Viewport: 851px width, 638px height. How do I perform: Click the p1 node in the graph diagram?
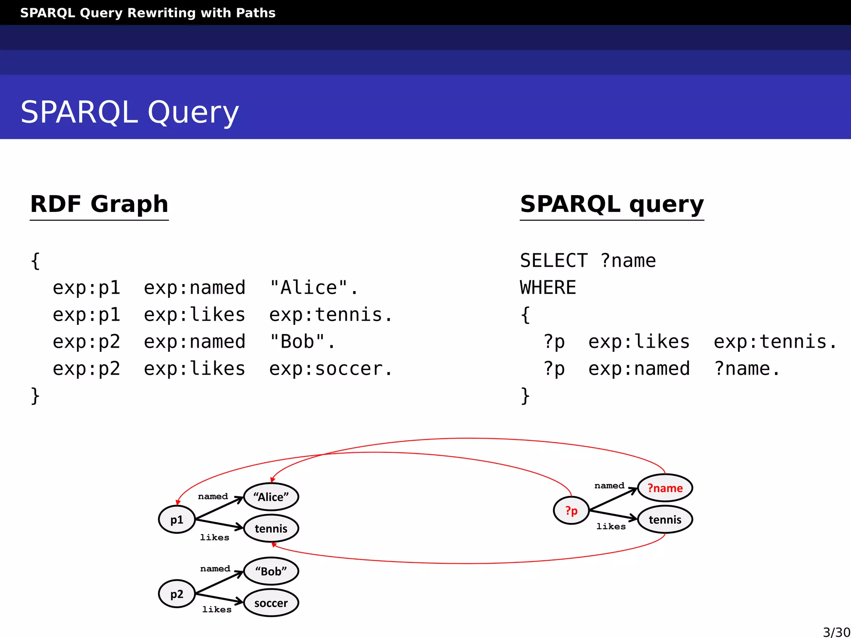pos(177,519)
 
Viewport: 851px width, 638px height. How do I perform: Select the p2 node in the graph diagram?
pos(177,594)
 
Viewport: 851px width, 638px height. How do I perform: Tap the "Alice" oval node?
pos(271,497)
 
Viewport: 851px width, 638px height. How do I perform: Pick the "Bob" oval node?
pos(271,571)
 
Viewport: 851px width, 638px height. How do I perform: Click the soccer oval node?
pos(271,603)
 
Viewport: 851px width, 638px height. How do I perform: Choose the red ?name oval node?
pos(665,488)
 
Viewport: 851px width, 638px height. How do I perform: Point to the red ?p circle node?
pos(571,510)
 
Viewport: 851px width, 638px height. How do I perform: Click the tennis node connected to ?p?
pos(665,520)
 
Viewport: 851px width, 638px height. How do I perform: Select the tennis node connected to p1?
pos(271,529)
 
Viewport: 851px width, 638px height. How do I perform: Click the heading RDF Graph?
pos(99,204)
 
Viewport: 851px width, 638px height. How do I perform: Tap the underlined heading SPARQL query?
pos(612,204)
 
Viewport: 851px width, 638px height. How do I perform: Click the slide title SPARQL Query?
pos(130,112)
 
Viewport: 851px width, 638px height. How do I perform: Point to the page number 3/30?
pos(836,632)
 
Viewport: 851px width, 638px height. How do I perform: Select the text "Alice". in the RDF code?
pos(314,288)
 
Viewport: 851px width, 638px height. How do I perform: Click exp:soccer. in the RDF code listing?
pos(330,369)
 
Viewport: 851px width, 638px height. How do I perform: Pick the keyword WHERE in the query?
pos(548,288)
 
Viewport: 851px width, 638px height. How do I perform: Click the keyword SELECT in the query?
pos(554,261)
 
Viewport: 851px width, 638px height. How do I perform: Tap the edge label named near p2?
pos(215,569)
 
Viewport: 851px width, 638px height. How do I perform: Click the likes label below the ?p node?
pos(611,527)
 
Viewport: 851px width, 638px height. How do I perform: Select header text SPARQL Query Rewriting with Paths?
pos(148,13)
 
